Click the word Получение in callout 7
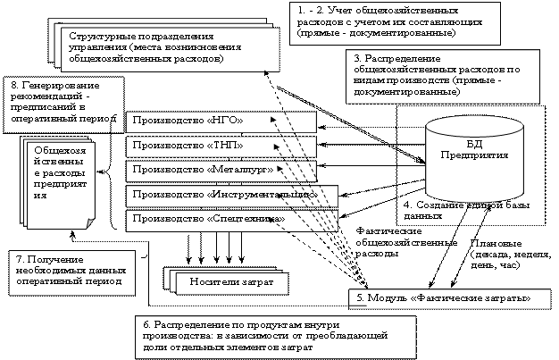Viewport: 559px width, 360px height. click(x=44, y=257)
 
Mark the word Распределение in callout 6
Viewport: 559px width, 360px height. click(x=190, y=322)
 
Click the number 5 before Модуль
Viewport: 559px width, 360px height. click(x=358, y=297)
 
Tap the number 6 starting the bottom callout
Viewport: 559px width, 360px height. click(x=146, y=322)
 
